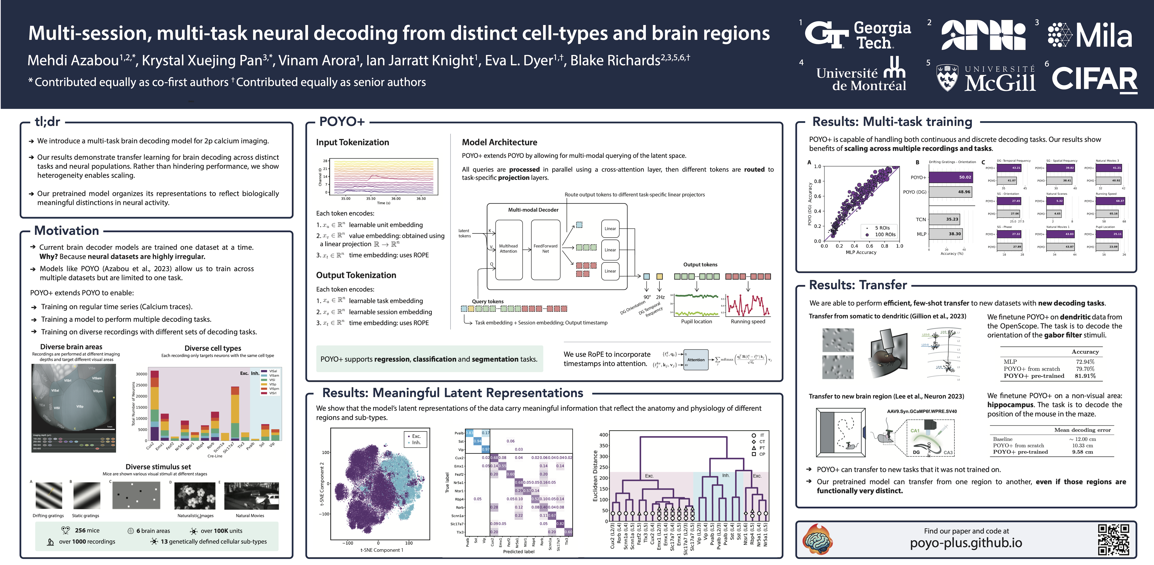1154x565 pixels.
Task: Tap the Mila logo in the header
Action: pos(1090,35)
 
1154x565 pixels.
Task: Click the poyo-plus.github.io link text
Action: pos(966,543)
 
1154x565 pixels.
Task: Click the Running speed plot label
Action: pos(748,322)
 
